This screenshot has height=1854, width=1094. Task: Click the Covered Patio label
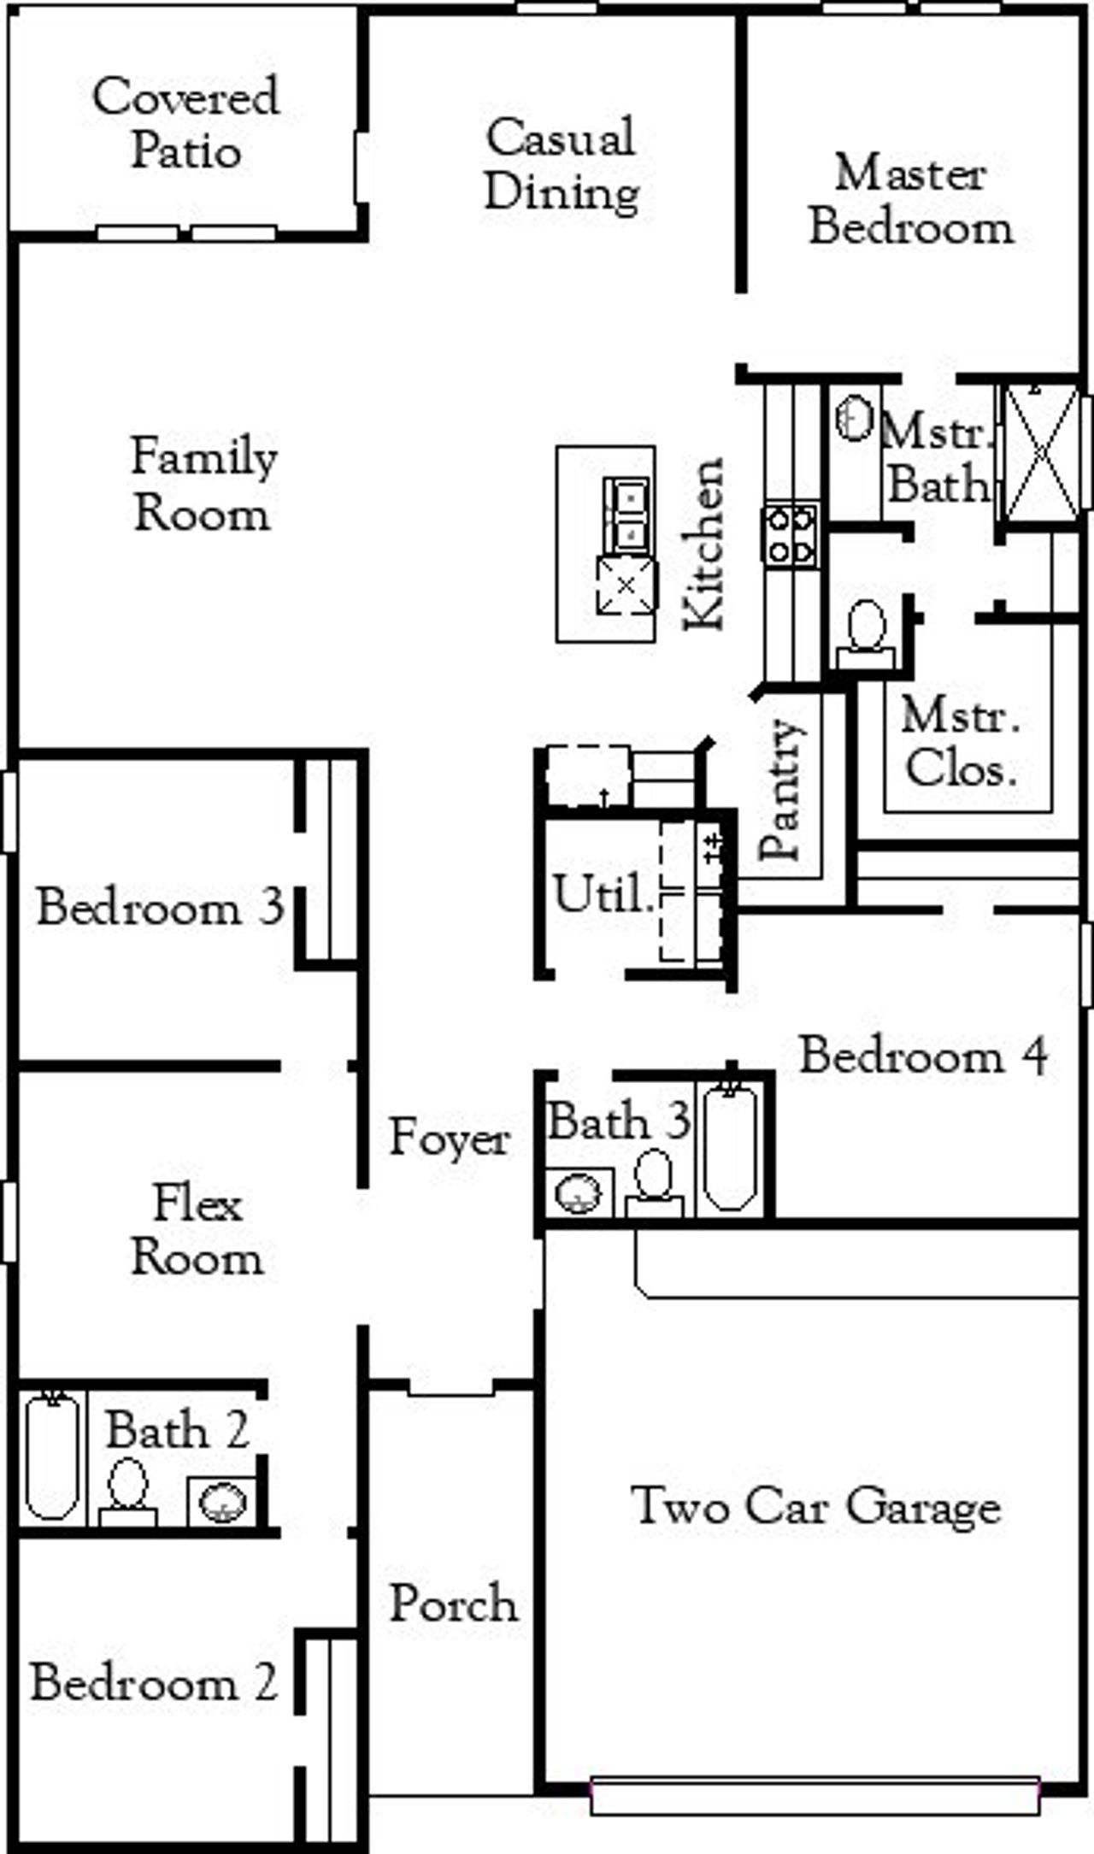185,123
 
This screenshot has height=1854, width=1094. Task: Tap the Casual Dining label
562,164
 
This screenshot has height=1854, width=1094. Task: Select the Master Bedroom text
911,200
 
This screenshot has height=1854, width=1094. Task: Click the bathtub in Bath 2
52,1456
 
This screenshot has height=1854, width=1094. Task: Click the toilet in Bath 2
128,1491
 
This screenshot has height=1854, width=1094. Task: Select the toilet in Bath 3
655,1181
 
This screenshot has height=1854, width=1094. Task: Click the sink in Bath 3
578,1192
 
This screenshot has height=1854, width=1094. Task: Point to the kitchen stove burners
791,534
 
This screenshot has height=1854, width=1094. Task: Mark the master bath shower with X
1041,450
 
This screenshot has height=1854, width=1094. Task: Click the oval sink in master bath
854,418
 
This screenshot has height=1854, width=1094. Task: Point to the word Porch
453,1604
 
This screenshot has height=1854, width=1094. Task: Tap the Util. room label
603,894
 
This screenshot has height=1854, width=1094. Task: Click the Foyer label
450,1138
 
